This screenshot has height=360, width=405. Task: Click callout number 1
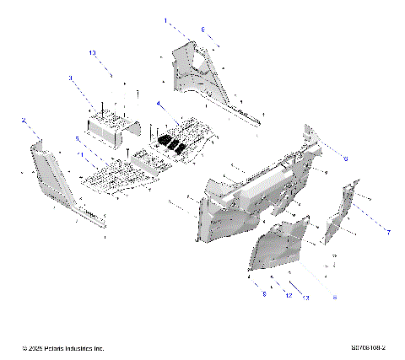coord(165,19)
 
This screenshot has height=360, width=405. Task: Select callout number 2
coord(24,120)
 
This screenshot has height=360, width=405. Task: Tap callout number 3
coord(71,78)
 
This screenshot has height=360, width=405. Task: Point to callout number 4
coord(158,104)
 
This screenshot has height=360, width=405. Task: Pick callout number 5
coord(77,138)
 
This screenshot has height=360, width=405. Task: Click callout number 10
coord(93,52)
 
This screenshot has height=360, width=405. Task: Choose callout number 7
coord(389,230)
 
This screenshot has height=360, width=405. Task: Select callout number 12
coord(288,296)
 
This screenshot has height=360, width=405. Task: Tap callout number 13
coord(305,298)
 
